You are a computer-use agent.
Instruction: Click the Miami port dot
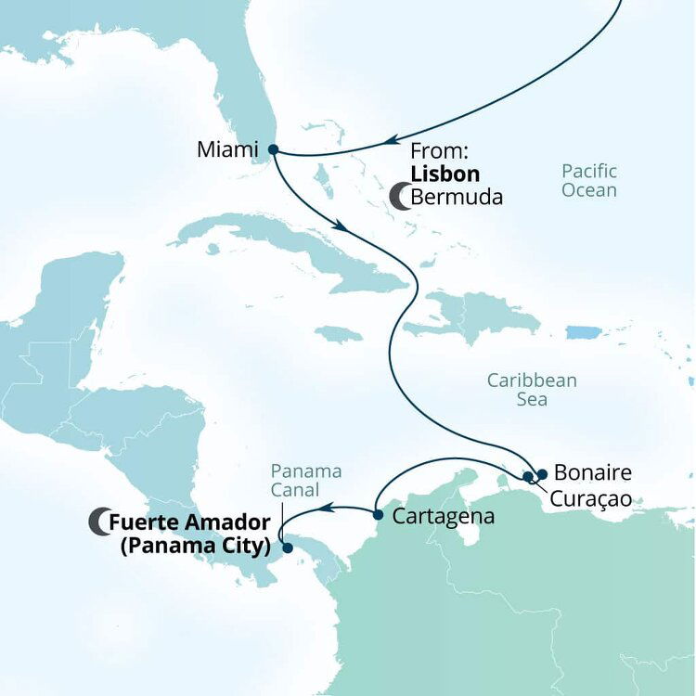272,148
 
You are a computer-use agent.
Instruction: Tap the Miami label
228,149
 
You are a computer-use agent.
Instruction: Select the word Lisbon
445,174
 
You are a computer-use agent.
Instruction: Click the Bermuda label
457,197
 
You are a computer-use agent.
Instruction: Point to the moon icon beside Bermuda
400,197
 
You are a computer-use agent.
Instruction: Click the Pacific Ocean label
588,180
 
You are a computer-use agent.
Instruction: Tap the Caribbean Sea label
533,390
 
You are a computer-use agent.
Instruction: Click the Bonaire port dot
542,472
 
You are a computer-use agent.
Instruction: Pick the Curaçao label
590,498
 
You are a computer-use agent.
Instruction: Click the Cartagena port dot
378,514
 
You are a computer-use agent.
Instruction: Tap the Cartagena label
443,516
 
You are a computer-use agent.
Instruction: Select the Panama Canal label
306,480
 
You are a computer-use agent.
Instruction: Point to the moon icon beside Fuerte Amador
98,522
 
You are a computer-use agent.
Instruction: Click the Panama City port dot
288,548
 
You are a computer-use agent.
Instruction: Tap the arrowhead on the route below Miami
342,226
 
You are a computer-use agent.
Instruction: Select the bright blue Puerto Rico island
585,331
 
